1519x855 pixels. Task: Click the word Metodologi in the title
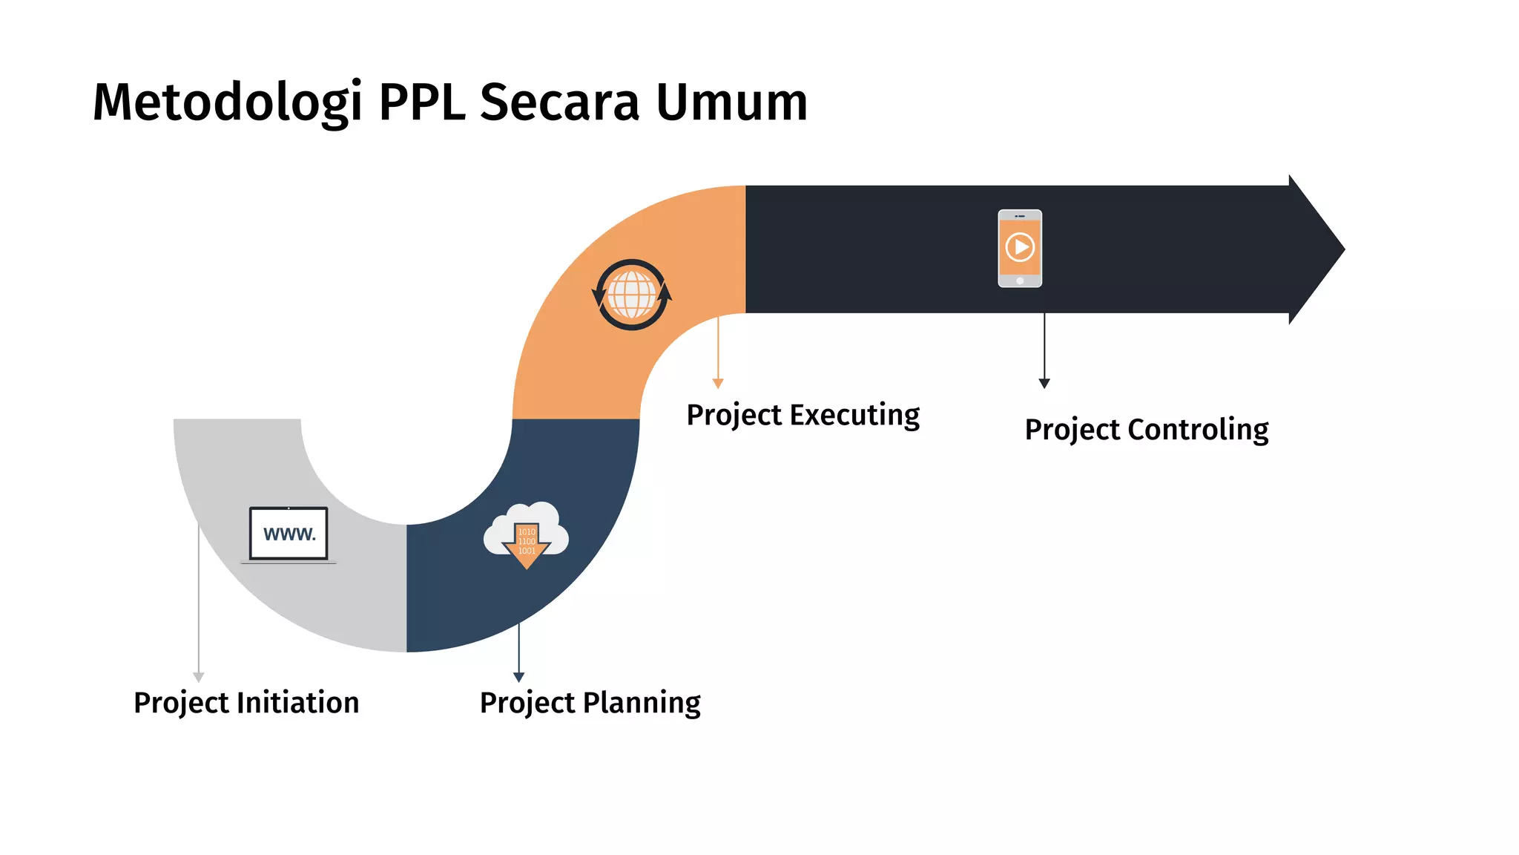click(228, 102)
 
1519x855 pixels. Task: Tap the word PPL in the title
click(422, 102)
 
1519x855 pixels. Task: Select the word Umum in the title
click(731, 102)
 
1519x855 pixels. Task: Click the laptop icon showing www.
click(289, 534)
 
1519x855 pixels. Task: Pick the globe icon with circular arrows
click(632, 295)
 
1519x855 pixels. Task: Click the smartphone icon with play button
click(1020, 248)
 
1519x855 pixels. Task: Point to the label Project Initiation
click(246, 703)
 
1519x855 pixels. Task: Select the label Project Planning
click(590, 703)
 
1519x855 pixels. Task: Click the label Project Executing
click(803, 415)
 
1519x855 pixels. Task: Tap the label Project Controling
click(1147, 430)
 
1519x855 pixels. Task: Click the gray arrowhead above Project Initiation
click(199, 677)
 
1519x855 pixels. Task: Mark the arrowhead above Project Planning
click(519, 677)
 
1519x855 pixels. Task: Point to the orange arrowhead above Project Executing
click(718, 383)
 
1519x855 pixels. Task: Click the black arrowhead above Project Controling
click(1044, 383)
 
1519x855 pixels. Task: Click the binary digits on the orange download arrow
click(527, 542)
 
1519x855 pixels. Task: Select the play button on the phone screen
click(1021, 246)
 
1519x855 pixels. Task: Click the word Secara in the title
click(559, 102)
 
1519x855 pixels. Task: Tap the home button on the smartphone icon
click(1020, 281)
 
